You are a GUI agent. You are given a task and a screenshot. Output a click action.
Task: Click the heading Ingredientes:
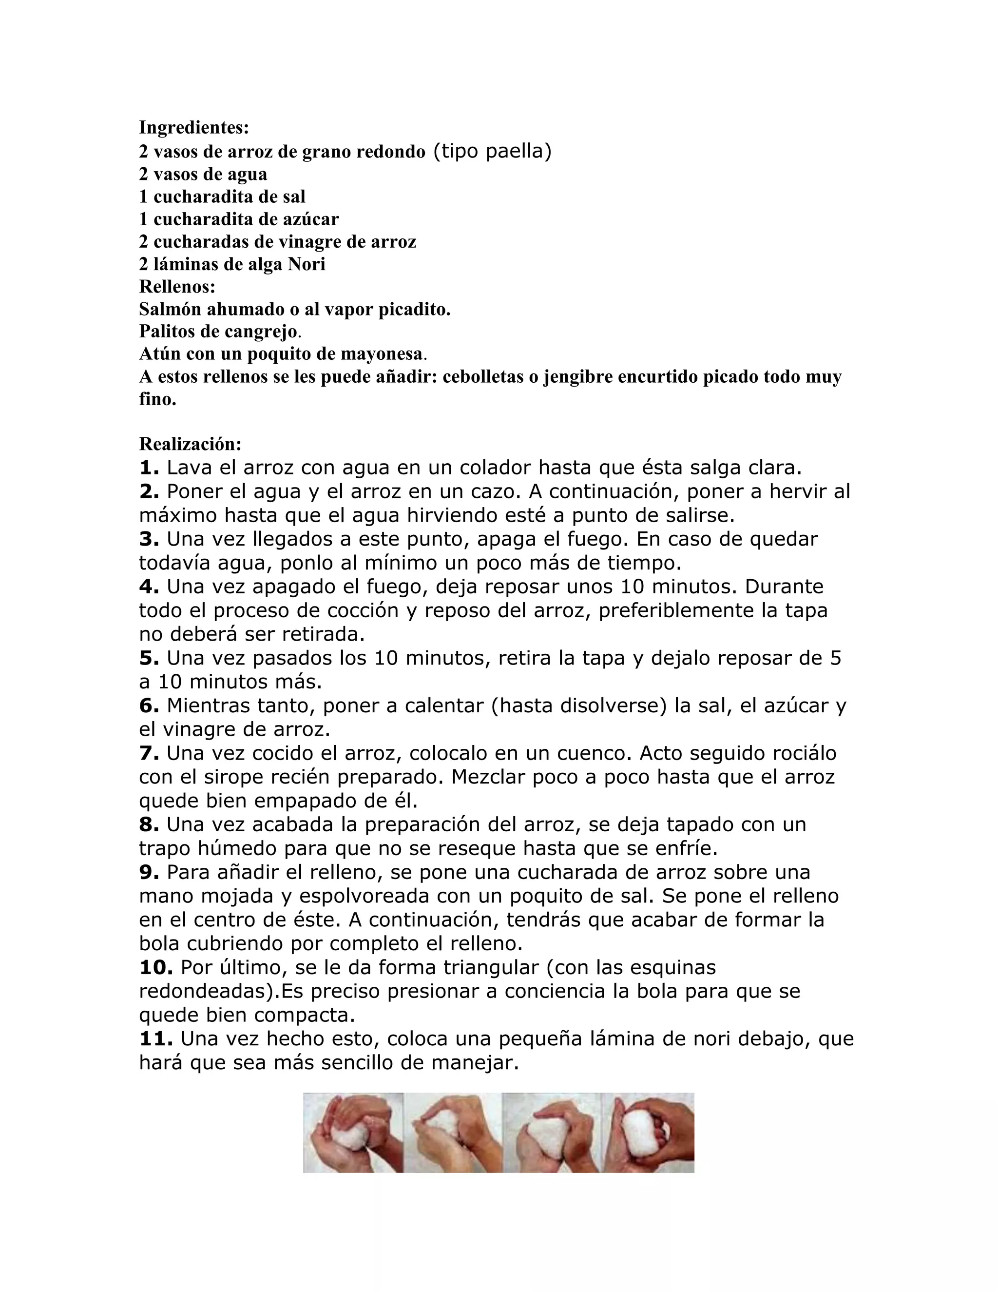(x=194, y=127)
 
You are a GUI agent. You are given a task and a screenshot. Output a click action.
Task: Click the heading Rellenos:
(x=177, y=286)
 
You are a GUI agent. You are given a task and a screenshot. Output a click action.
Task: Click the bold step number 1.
(x=149, y=468)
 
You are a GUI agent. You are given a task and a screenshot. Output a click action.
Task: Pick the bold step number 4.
(x=149, y=587)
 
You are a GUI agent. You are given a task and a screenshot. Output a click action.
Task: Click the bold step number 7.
(x=149, y=754)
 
